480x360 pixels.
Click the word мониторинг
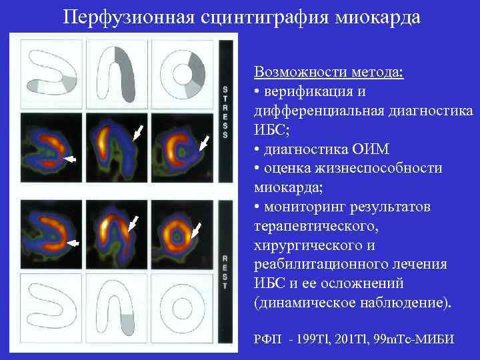[x=307, y=207]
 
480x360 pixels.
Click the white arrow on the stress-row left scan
[x=69, y=159]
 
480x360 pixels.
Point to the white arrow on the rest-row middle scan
[x=135, y=221]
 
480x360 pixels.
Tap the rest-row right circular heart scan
[x=177, y=235]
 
